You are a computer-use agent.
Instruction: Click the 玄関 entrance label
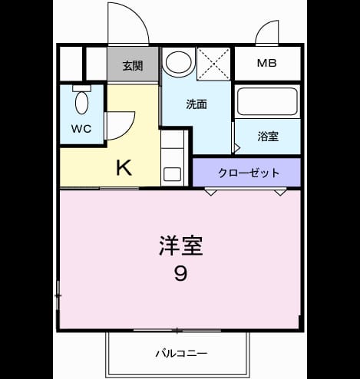point(133,66)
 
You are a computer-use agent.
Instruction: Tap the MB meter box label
point(267,63)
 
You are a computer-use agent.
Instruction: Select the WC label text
point(81,129)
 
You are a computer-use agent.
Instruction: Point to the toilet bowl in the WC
point(82,103)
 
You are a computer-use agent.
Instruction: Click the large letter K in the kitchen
point(124,167)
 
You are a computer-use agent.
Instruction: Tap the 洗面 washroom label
point(197,104)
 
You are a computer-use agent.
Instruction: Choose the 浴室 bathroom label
point(268,137)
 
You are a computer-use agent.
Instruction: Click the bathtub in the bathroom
point(267,101)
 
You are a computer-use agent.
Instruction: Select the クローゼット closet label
point(249,173)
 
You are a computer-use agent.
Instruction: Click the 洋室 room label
point(181,246)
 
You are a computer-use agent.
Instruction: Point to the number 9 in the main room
point(181,273)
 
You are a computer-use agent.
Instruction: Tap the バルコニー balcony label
point(181,354)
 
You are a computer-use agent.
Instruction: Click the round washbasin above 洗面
point(179,62)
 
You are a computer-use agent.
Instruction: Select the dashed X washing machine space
point(213,64)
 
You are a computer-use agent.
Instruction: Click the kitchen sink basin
point(172,174)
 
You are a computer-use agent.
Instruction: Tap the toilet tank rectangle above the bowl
point(81,88)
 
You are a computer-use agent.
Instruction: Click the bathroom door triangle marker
point(237,148)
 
